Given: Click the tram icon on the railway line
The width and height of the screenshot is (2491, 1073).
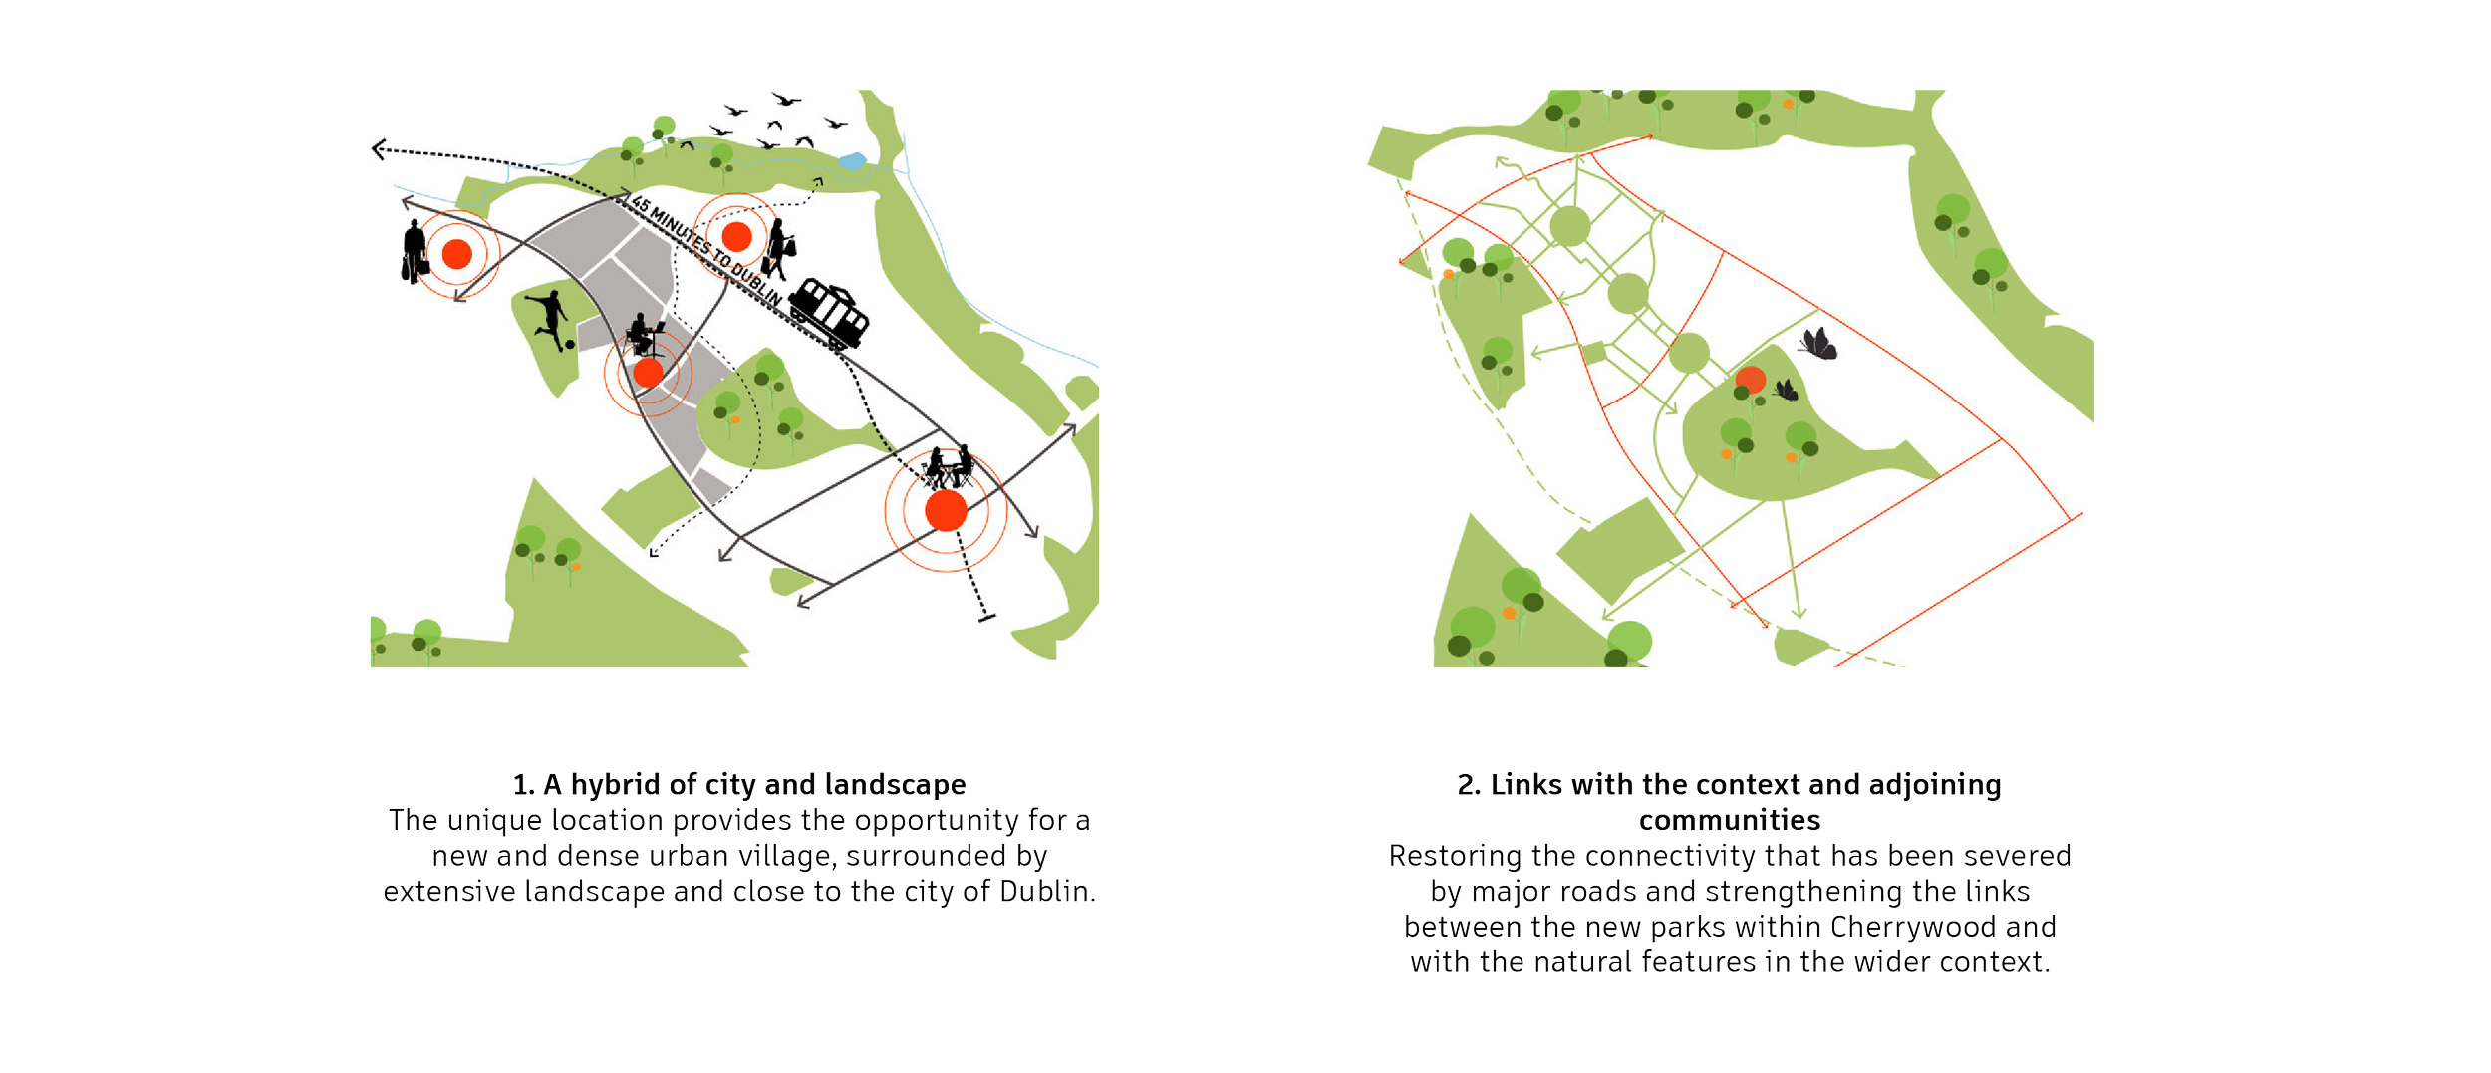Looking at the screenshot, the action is [830, 312].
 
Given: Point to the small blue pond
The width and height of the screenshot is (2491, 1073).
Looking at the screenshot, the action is [852, 161].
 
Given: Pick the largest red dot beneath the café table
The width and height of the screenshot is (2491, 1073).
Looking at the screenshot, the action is [946, 511].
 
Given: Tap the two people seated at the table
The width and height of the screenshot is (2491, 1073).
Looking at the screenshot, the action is [948, 467].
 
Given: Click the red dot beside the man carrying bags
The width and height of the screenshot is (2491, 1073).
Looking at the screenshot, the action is [456, 254].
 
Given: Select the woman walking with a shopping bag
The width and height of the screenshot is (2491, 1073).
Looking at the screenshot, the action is [778, 250].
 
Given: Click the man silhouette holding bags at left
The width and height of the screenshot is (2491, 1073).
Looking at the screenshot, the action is [415, 252].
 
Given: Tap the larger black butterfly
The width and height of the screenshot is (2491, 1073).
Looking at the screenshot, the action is [1818, 344].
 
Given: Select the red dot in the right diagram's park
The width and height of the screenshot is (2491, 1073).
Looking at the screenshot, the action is [1751, 380].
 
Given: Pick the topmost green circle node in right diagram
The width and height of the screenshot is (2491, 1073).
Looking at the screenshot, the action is [1570, 226].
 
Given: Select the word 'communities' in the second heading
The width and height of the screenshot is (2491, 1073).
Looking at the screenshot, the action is [1730, 821].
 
